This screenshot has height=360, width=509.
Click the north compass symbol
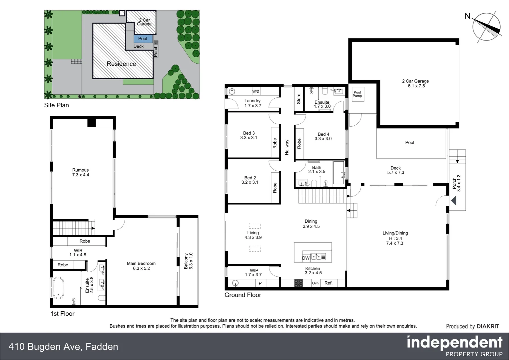pos(486,26)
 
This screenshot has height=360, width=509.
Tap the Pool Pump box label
pos(357,94)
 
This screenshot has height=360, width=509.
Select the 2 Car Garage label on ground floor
pos(415,83)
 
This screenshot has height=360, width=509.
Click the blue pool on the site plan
pos(143,39)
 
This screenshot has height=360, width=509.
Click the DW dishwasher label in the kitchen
pos(306,258)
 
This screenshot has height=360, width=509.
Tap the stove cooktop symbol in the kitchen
pos(298,283)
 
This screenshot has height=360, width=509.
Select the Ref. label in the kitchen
pos(328,283)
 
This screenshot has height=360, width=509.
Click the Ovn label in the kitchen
pos(315,283)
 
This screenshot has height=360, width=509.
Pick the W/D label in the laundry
pos(255,91)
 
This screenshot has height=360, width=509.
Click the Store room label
pos(298,99)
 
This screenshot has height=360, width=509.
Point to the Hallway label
pos(287,147)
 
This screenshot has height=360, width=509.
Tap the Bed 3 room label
pos(249,135)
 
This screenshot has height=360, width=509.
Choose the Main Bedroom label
pos(141,266)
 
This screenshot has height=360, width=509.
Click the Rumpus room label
pos(81,172)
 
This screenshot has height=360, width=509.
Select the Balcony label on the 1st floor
pos(188,261)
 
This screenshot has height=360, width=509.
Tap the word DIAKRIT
pos(488,326)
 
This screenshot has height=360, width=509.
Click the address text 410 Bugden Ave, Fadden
pos(63,347)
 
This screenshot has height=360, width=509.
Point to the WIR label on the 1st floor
pos(78,253)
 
